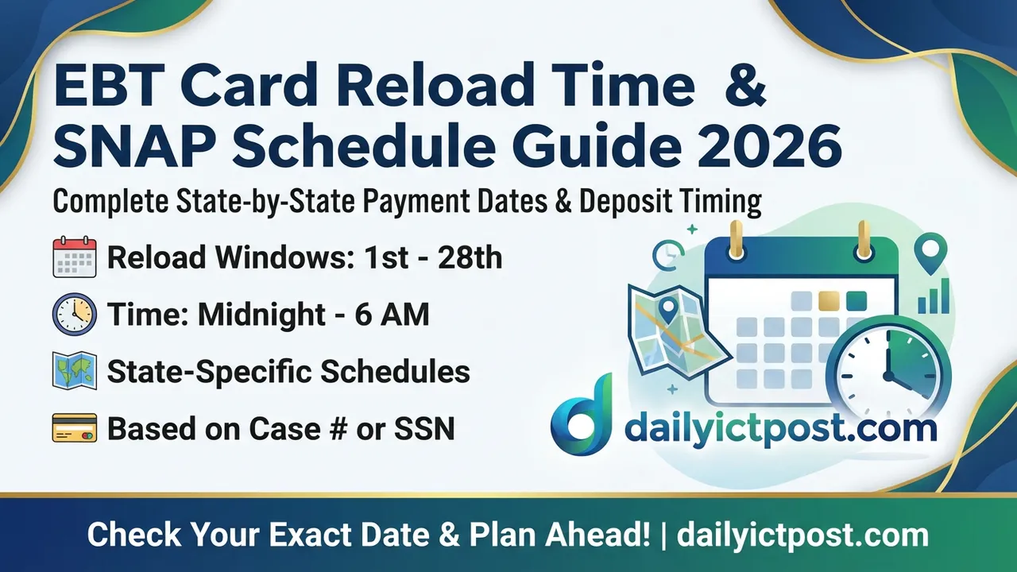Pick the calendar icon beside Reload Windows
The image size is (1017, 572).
(74, 257)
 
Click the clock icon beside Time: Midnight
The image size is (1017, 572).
(74, 315)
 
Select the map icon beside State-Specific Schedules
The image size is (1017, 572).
(74, 371)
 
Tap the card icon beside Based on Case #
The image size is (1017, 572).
(74, 428)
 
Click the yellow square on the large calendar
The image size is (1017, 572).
(829, 301)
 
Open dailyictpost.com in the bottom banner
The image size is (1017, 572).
(802, 535)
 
